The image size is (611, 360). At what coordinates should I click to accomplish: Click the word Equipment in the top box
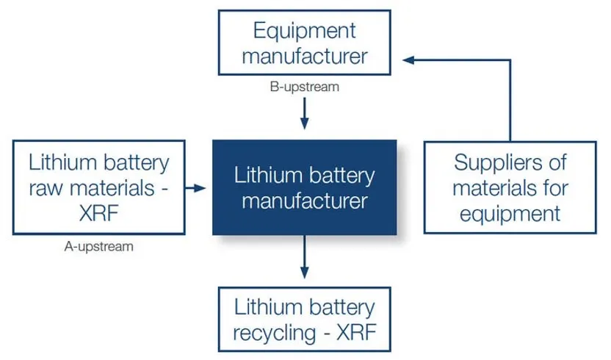click(304, 31)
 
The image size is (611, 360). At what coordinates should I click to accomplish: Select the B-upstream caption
click(304, 87)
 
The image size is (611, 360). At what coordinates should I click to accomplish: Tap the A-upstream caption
click(99, 246)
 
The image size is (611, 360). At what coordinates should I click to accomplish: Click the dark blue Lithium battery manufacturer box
click(304, 188)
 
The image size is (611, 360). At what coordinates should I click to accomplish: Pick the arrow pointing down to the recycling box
click(304, 264)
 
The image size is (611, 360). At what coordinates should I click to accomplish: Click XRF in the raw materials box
click(99, 213)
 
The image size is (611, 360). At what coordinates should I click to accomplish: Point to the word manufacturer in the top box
click(304, 56)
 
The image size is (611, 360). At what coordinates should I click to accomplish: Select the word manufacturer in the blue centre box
click(304, 201)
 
